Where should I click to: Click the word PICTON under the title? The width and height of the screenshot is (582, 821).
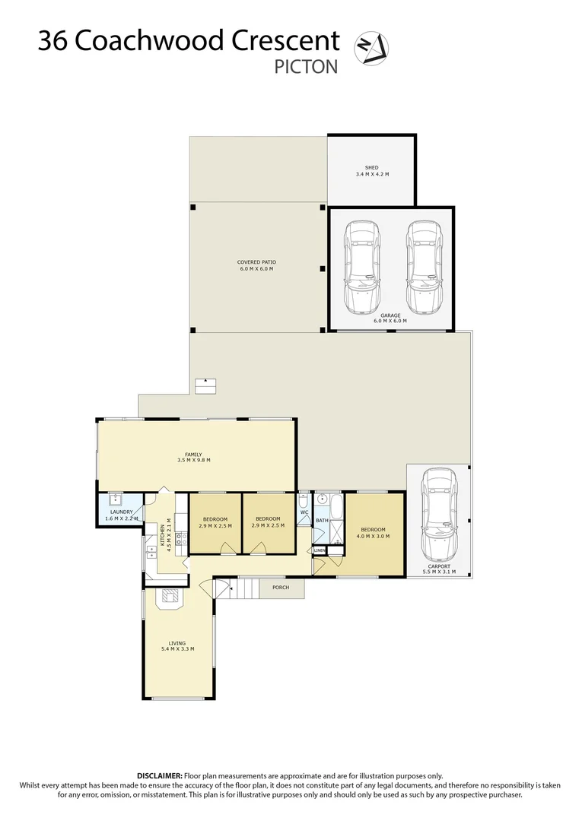(306, 67)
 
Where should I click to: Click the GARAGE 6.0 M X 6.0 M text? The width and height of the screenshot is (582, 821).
(390, 318)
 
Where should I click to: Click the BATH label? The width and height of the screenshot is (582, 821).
(322, 521)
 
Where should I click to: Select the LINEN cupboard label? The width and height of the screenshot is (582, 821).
(320, 550)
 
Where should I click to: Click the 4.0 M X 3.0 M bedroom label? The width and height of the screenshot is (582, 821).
(373, 533)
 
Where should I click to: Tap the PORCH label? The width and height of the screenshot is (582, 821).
(281, 588)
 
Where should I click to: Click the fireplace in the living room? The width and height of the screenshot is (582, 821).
(168, 597)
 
